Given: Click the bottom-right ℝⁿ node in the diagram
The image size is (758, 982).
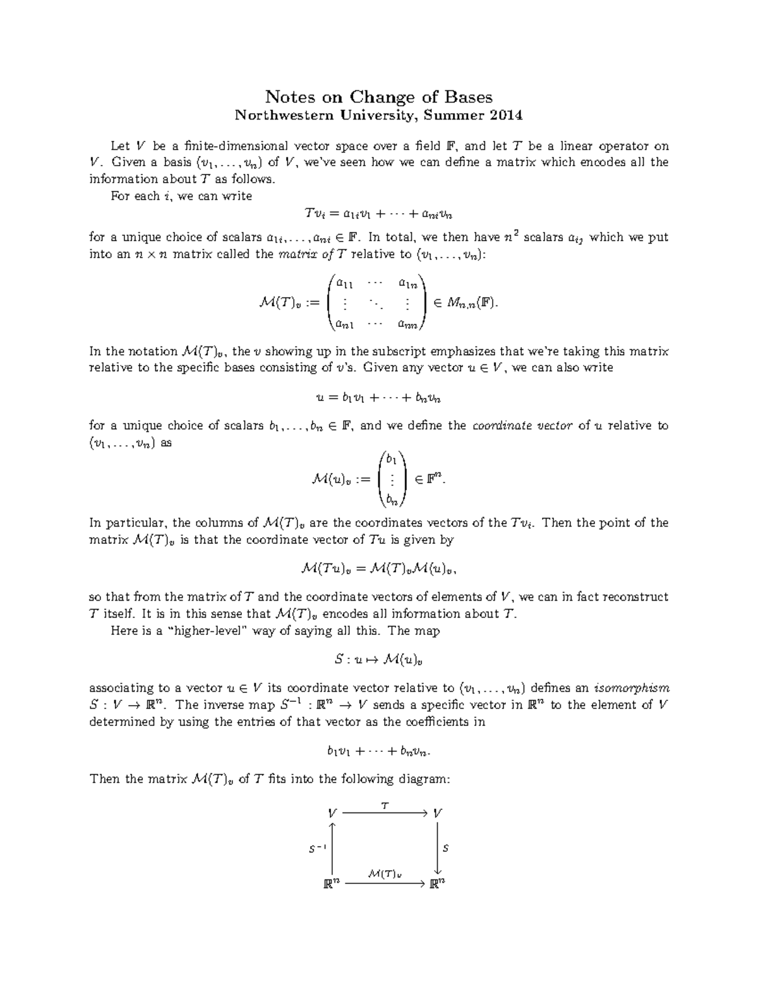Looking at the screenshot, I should (438, 883).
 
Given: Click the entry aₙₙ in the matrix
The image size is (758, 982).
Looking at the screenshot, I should (407, 325).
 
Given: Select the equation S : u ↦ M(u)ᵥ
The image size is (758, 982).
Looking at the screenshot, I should (378, 660).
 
